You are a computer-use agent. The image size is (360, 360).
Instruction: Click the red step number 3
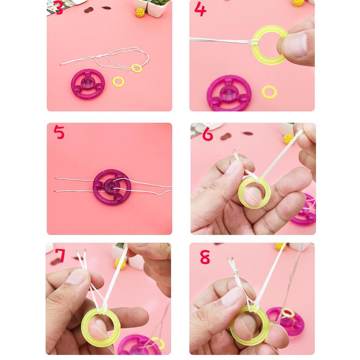tap(59, 7)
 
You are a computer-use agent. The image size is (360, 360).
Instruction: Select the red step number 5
tap(59, 132)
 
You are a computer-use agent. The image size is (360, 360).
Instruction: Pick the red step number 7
tap(60, 255)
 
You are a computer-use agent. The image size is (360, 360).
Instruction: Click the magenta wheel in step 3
tap(88, 84)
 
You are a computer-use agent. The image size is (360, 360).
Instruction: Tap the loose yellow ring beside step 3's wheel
tap(118, 82)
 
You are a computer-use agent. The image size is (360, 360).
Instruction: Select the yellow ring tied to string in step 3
tap(137, 68)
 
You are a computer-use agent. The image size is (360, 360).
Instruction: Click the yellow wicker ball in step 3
tap(140, 12)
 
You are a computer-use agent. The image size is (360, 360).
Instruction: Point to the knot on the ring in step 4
tap(254, 42)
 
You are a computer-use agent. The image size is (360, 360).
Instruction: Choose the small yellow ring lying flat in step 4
tap(269, 92)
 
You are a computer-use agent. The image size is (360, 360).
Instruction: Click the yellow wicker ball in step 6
tap(289, 139)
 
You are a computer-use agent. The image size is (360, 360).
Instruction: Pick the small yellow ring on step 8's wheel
tap(288, 313)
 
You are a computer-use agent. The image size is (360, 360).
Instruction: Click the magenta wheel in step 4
tap(229, 94)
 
